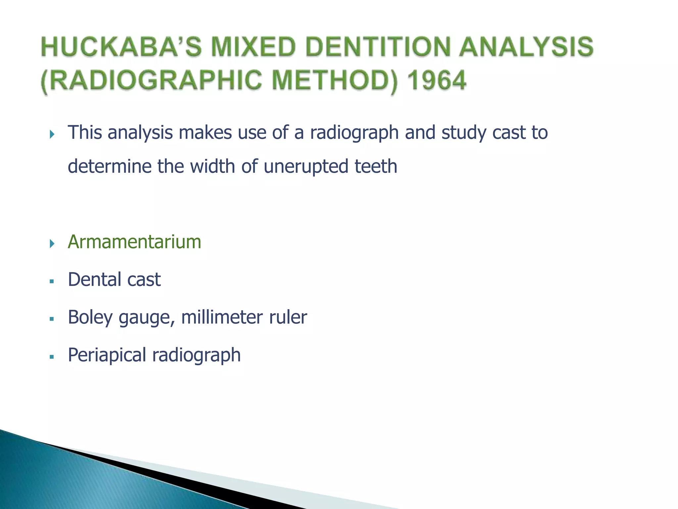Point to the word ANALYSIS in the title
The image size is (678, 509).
[x=526, y=47]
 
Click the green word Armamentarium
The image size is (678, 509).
[x=134, y=242]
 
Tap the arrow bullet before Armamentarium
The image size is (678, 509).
[x=52, y=244]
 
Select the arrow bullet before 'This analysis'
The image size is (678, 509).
[x=52, y=134]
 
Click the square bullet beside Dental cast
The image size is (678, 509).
[x=52, y=281]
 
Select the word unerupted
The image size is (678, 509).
[x=306, y=166]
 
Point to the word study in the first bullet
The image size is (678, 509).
[x=463, y=133]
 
